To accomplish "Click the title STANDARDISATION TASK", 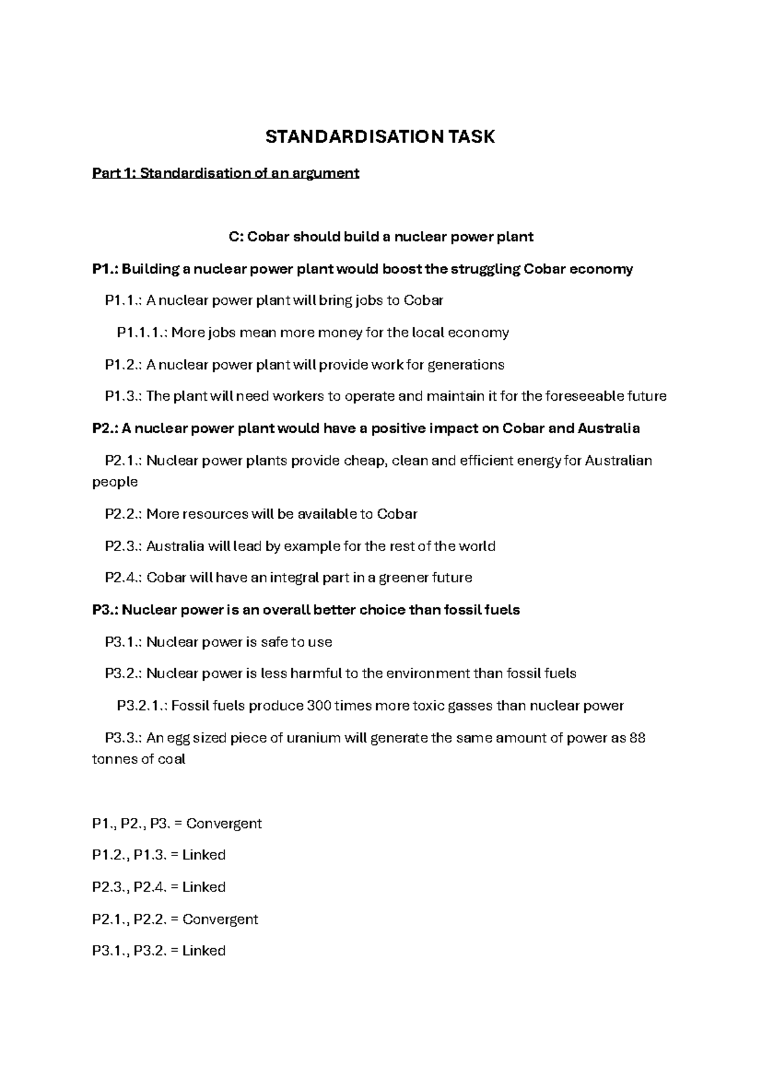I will [380, 137].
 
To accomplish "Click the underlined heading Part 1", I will [225, 173].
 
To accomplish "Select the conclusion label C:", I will [236, 237].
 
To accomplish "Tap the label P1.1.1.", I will [142, 333].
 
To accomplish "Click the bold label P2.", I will [104, 429].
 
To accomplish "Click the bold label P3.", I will [104, 610].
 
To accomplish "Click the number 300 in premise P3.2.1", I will [318, 706].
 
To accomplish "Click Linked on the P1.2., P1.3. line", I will [204, 855].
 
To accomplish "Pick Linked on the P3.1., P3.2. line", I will [203, 951].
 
